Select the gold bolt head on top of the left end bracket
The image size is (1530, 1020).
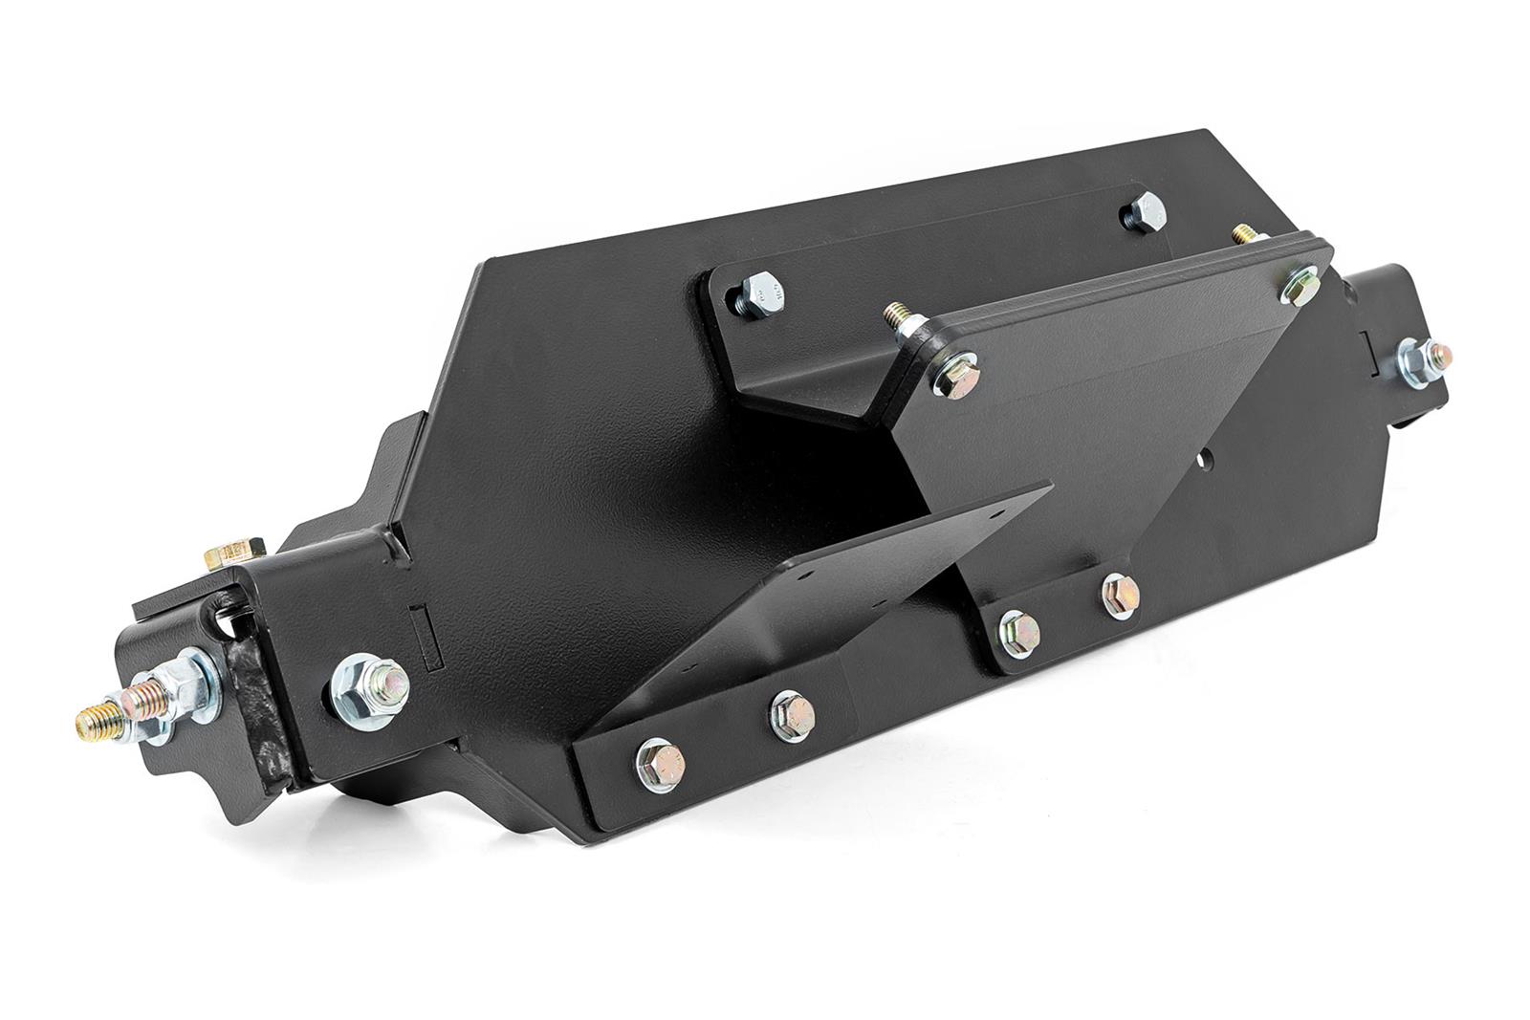pyautogui.click(x=232, y=553)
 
